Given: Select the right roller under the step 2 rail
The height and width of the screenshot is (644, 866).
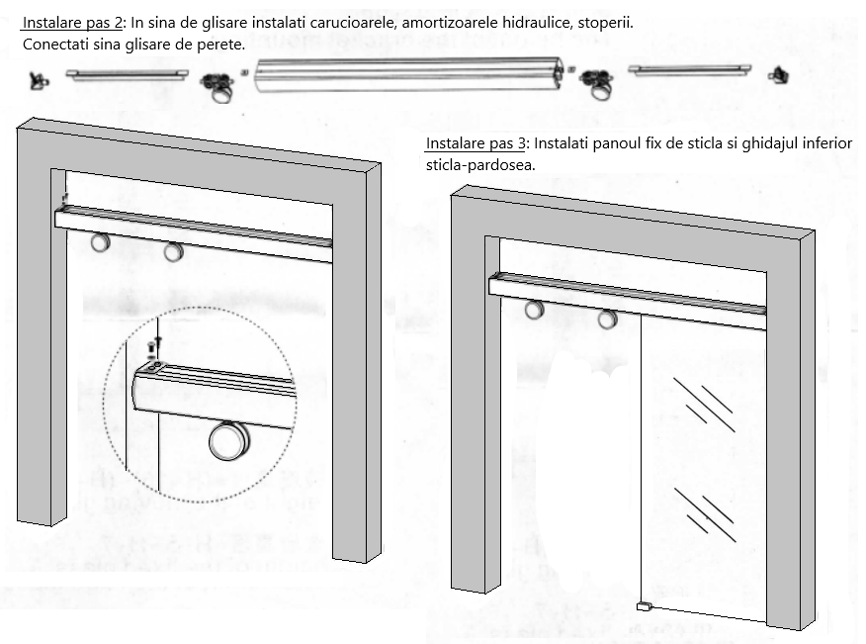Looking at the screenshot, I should click(174, 252).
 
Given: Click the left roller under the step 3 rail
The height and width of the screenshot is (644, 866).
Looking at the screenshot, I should click(535, 310).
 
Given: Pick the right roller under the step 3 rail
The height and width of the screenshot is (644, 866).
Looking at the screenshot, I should click(607, 318).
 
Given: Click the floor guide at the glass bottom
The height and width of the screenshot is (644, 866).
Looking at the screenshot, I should click(643, 605).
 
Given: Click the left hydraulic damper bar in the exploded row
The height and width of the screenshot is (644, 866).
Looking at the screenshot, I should click(126, 73).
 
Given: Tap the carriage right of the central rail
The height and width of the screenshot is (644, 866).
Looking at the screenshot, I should click(596, 86).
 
